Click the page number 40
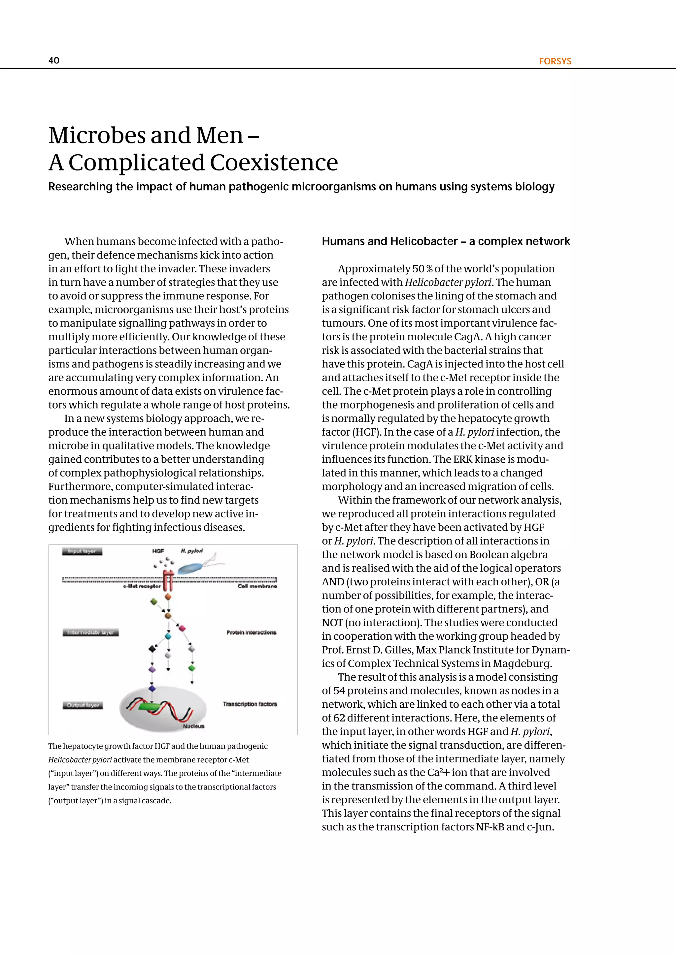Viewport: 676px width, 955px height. [x=54, y=60]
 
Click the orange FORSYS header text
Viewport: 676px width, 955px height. [x=555, y=61]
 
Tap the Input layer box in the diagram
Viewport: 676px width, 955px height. [x=82, y=551]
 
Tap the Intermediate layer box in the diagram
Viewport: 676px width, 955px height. [x=91, y=632]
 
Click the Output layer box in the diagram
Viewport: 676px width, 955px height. [x=83, y=705]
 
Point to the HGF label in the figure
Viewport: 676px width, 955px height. [x=158, y=551]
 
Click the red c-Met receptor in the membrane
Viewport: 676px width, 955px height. [x=167, y=581]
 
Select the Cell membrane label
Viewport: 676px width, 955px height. [x=257, y=586]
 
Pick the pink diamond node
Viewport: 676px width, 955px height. [x=182, y=628]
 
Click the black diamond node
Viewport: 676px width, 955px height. [x=152, y=649]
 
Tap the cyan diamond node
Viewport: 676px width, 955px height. [x=168, y=636]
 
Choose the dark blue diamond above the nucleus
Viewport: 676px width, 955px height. [x=152, y=689]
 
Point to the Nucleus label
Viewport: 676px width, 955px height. [x=193, y=726]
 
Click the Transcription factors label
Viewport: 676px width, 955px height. [x=250, y=704]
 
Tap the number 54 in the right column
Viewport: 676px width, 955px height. [x=339, y=691]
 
